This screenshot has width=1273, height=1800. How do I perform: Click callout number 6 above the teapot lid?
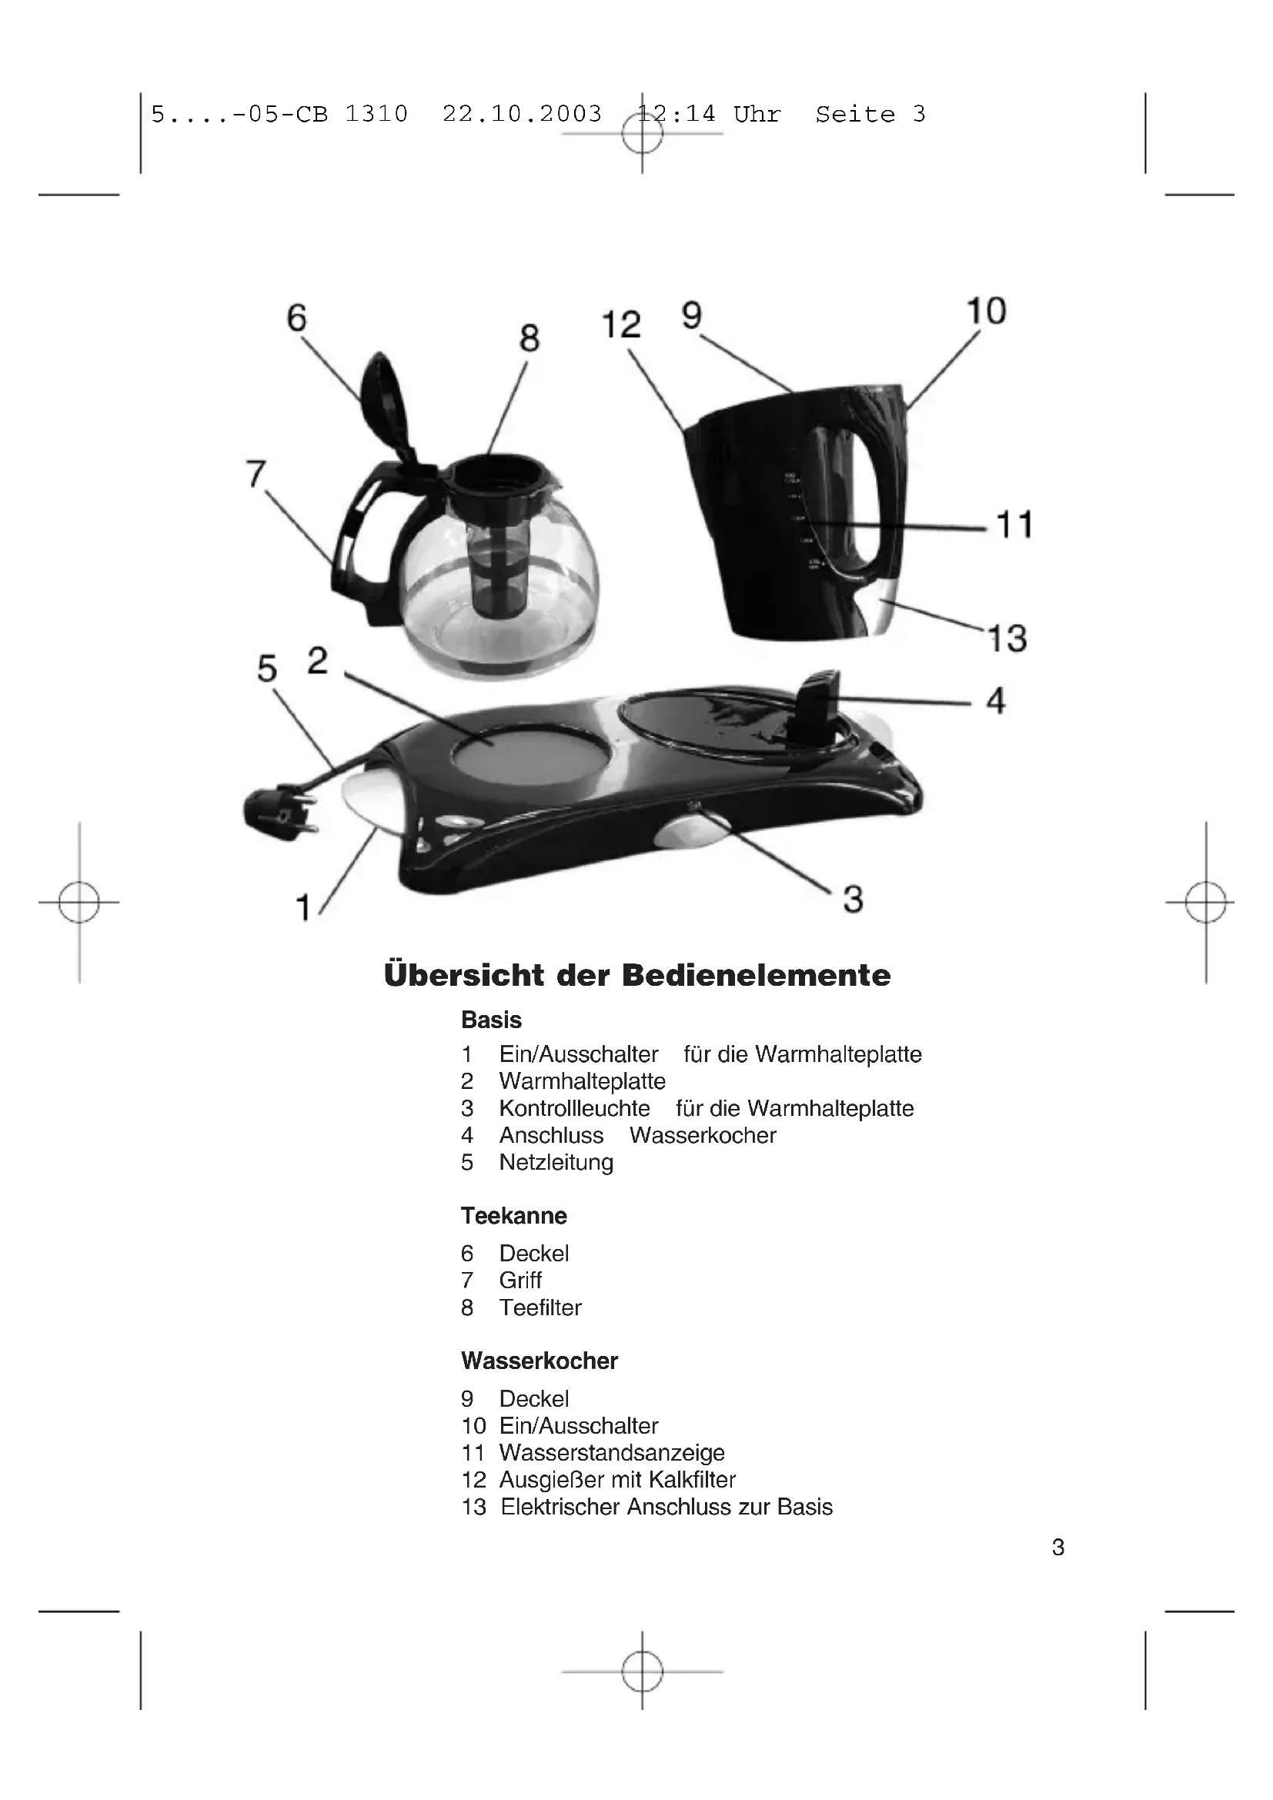(296, 318)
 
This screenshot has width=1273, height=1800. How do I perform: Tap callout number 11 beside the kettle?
(1015, 525)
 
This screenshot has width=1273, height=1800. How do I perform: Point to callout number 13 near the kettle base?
(1007, 638)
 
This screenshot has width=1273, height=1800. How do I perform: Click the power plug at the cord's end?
(279, 813)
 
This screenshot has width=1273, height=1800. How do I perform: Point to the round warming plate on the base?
(531, 753)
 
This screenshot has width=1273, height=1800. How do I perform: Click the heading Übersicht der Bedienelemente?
(637, 975)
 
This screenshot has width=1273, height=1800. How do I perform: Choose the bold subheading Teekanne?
(513, 1216)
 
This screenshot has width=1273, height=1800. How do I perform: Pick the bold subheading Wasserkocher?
(540, 1361)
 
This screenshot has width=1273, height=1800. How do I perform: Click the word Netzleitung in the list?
(556, 1162)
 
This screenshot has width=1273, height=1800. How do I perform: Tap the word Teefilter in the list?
(540, 1307)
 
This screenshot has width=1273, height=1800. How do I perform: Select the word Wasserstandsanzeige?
(611, 1453)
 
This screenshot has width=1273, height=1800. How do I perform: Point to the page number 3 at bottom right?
(1057, 1547)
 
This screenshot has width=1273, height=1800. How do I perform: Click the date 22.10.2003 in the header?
(522, 115)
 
